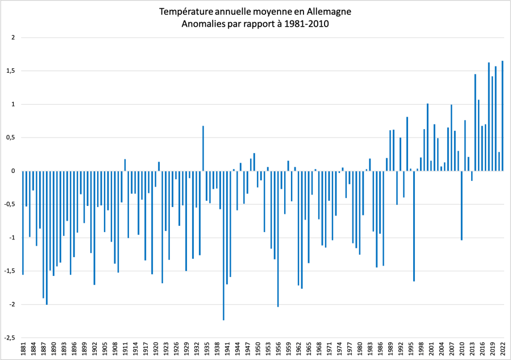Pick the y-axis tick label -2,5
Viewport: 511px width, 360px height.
(x=10, y=337)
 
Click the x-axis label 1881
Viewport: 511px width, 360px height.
(x=23, y=349)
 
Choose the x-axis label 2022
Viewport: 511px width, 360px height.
(x=502, y=349)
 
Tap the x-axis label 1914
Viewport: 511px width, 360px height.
(x=135, y=349)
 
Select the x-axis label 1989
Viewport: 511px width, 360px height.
(x=390, y=349)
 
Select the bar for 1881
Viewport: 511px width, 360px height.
(x=23, y=222)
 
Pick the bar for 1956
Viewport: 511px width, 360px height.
(x=278, y=238)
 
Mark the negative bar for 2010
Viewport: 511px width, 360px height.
(x=462, y=205)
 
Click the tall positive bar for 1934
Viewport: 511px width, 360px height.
(x=203, y=148)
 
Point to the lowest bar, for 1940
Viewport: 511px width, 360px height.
(x=223, y=245)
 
